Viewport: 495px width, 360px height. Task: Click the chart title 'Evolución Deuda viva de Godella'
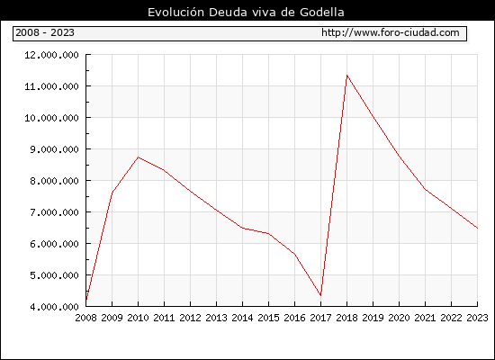pos(246,12)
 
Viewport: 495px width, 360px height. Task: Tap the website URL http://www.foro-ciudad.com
pos(391,32)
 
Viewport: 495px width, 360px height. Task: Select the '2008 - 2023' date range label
pos(45,32)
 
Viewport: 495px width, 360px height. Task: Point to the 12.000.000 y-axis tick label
pos(51,55)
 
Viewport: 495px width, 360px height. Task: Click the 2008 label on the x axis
pos(85,318)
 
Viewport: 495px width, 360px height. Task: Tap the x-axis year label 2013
pos(216,318)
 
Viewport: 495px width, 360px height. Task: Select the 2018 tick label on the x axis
pos(346,318)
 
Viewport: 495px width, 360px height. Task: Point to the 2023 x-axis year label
pos(477,318)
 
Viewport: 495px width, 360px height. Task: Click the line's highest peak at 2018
pos(346,76)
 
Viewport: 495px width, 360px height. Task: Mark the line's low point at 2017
pos(320,295)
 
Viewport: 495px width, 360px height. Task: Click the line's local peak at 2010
pos(138,157)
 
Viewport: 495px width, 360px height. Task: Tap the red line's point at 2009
pos(112,193)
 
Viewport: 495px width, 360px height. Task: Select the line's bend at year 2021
pos(425,189)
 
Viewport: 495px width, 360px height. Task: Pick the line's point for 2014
pos(242,228)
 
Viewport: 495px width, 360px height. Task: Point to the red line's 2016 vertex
pos(294,254)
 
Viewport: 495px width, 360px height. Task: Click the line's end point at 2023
pos(477,228)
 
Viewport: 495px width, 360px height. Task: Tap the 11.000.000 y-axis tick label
pos(51,86)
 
